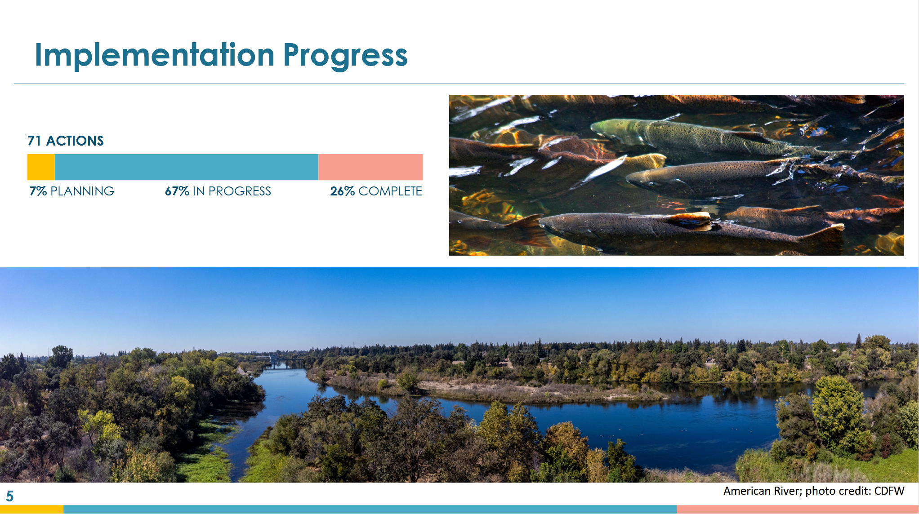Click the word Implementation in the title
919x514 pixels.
[155, 54]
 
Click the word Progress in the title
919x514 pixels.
[345, 57]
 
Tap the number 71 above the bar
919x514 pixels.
[34, 141]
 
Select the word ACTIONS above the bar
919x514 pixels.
[75, 141]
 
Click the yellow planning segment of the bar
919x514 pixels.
[41, 167]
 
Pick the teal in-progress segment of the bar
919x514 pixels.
[187, 167]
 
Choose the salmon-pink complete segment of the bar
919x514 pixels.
[370, 167]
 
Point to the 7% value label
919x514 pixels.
[38, 191]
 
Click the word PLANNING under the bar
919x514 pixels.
[82, 191]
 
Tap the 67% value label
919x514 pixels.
[177, 191]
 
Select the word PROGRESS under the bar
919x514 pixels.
[240, 191]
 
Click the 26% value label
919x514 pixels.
[343, 191]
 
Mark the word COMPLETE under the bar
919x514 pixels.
[390, 191]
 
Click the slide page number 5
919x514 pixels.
[10, 496]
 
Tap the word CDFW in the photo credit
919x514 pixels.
[889, 491]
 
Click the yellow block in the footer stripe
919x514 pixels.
[31, 510]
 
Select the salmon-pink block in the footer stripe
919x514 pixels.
[798, 510]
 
